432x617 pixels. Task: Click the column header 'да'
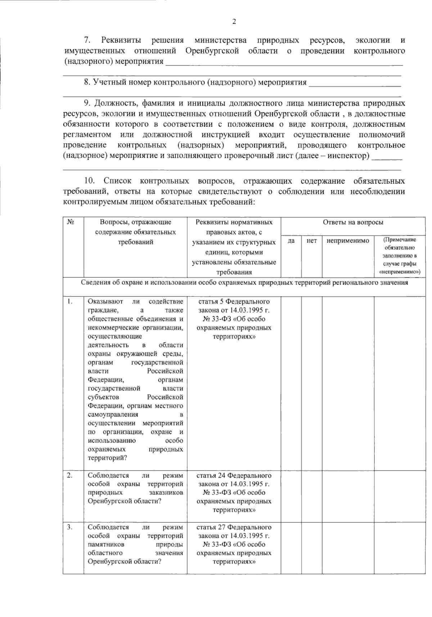(291, 241)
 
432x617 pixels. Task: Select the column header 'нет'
(311, 241)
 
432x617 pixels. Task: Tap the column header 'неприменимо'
(348, 241)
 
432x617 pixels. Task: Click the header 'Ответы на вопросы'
(353, 222)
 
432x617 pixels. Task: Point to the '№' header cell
(71, 222)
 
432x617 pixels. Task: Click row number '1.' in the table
(70, 301)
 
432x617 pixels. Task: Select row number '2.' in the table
(70, 476)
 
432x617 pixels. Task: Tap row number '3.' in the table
(70, 527)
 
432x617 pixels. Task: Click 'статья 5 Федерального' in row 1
(234, 301)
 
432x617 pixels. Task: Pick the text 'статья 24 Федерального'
(234, 476)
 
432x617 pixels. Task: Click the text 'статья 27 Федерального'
(234, 527)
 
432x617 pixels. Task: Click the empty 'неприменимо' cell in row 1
(348, 381)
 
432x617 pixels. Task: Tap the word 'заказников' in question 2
(166, 493)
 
